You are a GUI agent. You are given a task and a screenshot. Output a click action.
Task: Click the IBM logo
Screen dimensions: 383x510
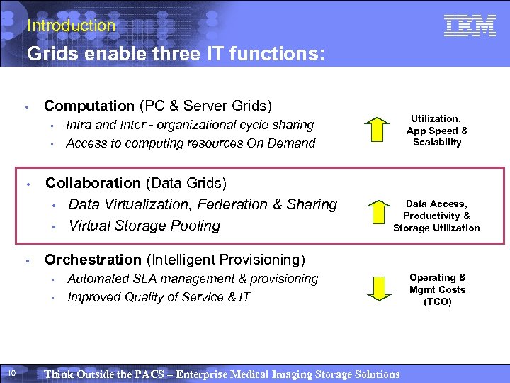470,26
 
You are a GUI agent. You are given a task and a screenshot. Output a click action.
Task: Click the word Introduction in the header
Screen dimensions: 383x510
71,26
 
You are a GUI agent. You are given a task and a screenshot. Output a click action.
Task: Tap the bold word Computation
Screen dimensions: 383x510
89,106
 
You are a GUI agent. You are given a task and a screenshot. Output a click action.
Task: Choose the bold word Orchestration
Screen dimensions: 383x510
93,260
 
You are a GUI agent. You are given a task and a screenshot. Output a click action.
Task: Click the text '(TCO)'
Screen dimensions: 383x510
437,301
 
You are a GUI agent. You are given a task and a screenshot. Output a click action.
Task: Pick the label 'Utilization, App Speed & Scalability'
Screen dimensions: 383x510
437,131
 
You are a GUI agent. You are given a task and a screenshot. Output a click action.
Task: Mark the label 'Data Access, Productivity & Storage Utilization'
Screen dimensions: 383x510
437,216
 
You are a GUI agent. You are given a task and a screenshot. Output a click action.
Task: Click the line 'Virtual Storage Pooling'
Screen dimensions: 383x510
144,226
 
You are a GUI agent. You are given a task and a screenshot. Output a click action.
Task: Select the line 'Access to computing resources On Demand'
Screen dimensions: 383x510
191,143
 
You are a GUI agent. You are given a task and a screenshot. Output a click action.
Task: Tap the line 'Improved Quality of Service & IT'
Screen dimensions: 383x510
159,297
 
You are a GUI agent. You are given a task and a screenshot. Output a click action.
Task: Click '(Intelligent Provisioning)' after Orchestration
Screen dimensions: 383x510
225,260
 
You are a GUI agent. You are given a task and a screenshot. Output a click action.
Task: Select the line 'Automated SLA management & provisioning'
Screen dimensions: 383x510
193,279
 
